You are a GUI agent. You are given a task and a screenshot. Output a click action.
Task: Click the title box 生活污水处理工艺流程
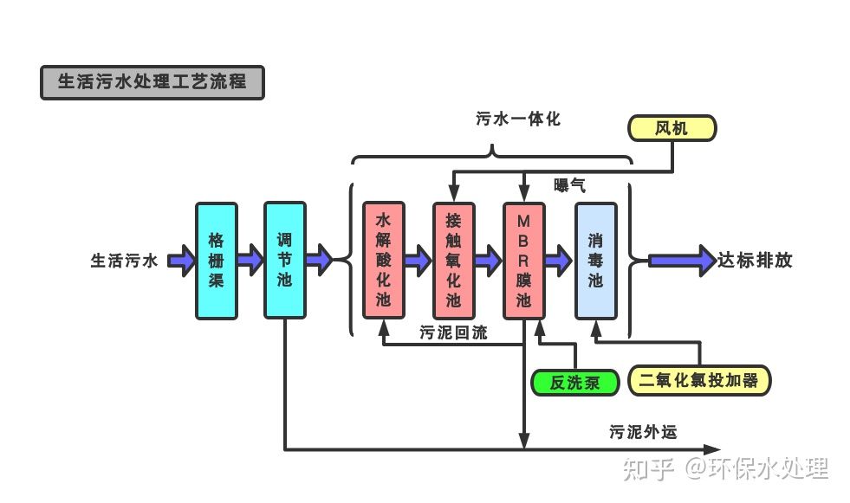152,82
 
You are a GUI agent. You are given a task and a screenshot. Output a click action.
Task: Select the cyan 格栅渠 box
216,260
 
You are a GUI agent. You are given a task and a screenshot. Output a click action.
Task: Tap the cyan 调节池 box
285,260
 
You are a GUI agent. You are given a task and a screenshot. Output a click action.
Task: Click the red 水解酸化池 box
384,260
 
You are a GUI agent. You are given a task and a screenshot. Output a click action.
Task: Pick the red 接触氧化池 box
453,260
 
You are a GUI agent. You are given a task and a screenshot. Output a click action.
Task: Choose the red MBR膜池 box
523,260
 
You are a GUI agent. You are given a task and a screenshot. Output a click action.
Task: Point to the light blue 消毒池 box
595,260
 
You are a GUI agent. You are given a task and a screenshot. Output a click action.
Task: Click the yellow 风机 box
672,128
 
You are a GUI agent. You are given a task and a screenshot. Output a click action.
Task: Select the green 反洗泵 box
574,382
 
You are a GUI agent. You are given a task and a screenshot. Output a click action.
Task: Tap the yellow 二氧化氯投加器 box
698,380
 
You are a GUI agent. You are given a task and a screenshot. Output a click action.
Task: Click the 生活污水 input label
125,260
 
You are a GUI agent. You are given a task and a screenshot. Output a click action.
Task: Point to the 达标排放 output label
755,260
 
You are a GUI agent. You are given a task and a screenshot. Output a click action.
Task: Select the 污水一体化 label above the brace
518,119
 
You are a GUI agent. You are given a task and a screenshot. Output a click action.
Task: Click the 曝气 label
569,184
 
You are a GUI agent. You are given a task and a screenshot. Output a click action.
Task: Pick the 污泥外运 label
642,431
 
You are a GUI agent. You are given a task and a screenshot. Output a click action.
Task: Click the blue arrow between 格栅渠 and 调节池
250,259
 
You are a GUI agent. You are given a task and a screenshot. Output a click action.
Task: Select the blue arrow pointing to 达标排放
680,259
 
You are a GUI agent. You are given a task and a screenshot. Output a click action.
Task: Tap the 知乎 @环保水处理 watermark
726,468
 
